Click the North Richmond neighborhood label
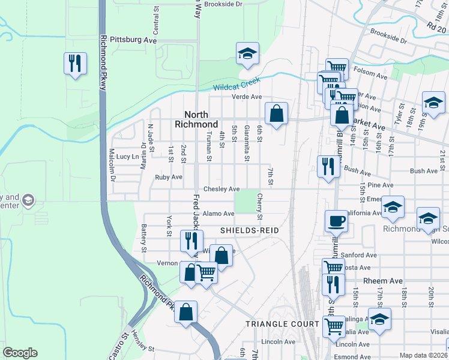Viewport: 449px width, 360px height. pos(196,119)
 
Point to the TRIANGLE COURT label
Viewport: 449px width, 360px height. pos(282,324)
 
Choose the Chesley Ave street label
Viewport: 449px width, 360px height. pos(221,189)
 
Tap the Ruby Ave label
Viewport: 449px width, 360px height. pos(169,178)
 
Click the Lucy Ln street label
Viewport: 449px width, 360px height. pos(127,157)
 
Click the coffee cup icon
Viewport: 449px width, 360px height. pos(336,221)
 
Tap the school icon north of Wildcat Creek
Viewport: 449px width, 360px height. pos(247,53)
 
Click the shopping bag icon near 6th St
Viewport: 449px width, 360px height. pos(276,113)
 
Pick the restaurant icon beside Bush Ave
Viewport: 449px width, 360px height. pos(328,166)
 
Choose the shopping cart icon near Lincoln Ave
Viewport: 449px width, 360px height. pos(334,326)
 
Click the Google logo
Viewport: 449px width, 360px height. pos(20,353)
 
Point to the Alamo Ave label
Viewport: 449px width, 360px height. pos(218,214)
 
